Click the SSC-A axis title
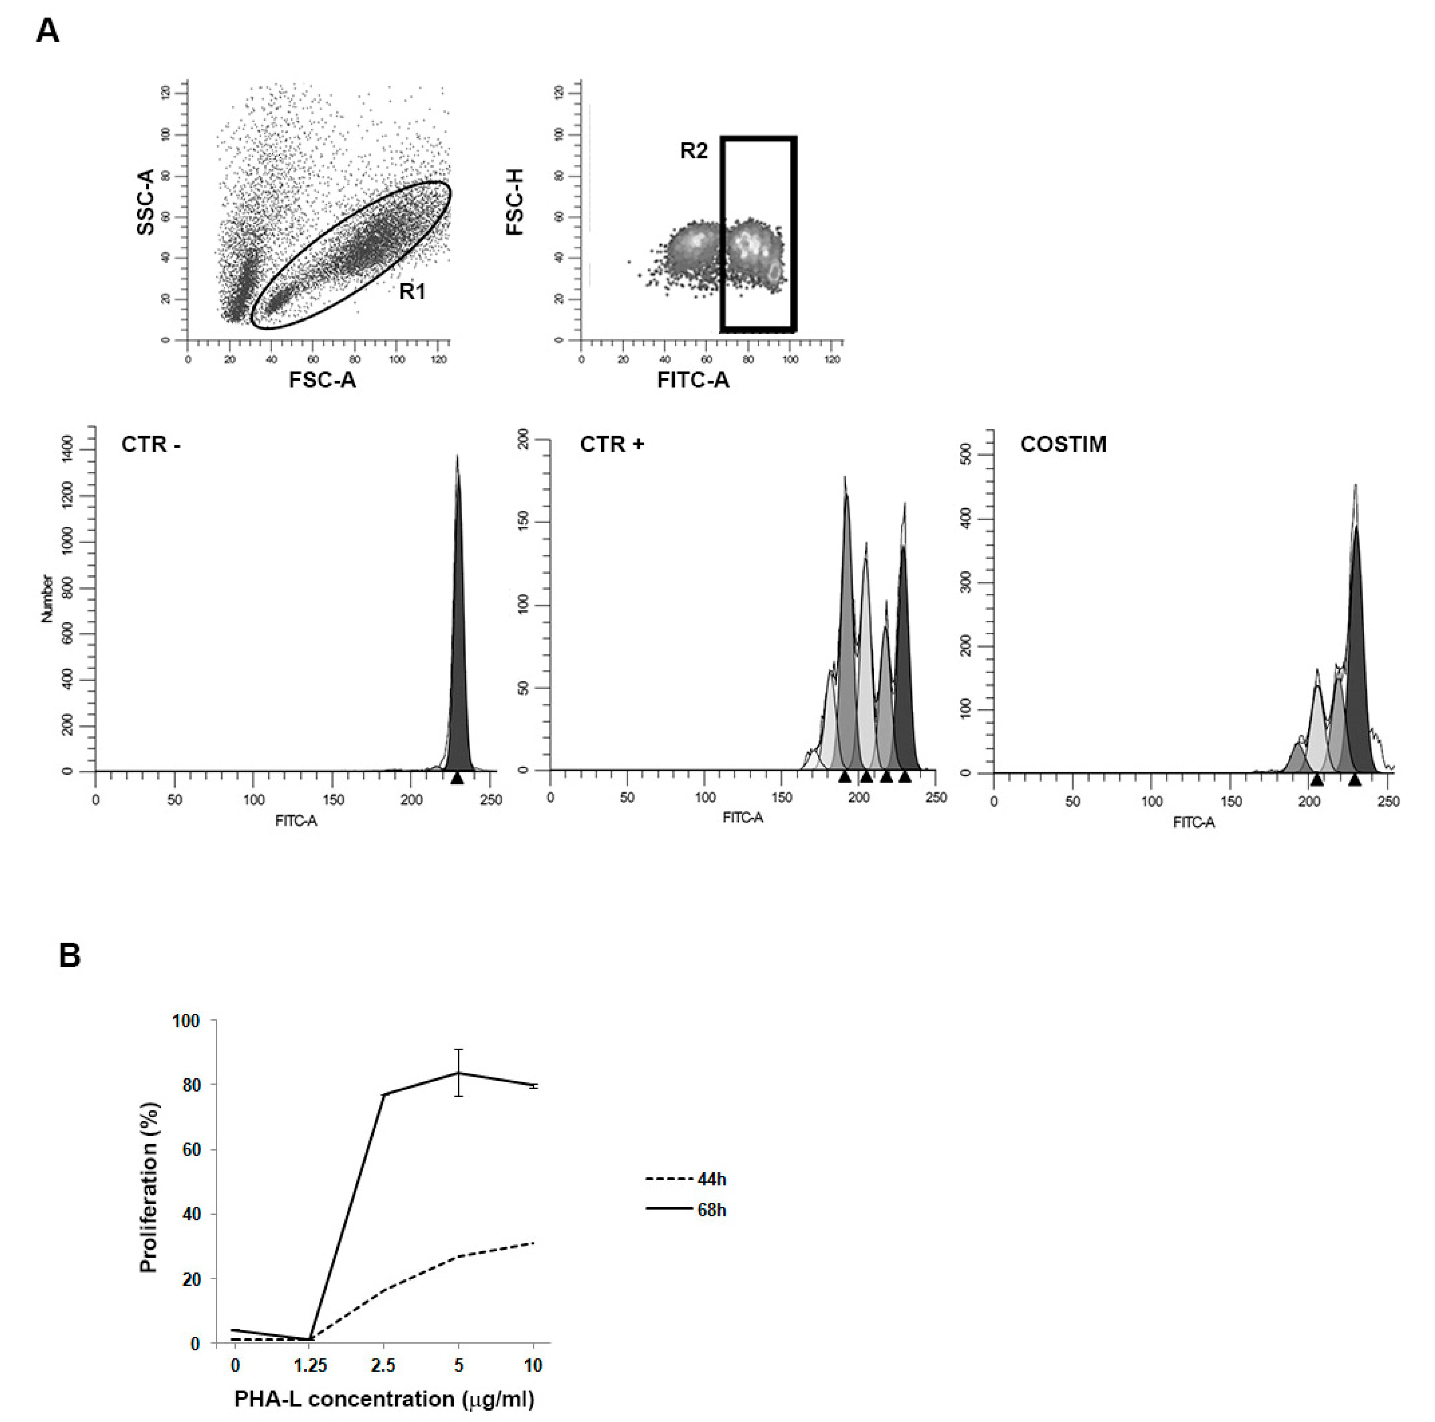145,202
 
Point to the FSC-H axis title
515,202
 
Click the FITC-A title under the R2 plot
693,380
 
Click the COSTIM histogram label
1063,444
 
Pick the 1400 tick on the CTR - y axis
68,449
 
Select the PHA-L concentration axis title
384,1399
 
